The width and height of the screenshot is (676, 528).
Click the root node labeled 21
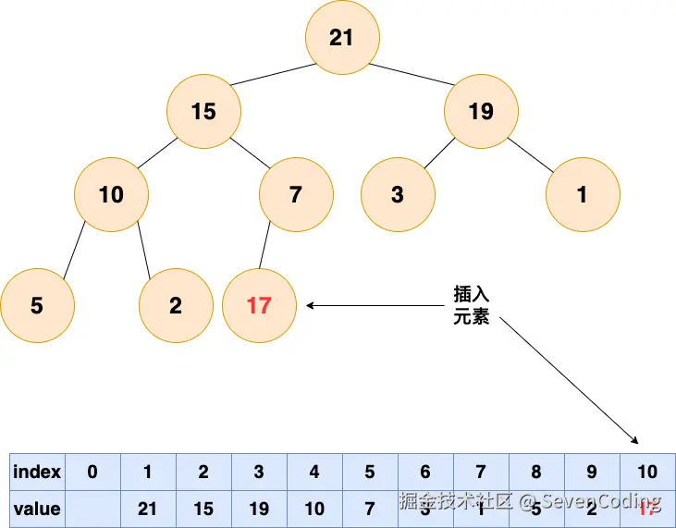click(x=341, y=37)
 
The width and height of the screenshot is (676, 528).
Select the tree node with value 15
click(x=203, y=112)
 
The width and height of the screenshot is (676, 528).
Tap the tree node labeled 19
click(x=481, y=112)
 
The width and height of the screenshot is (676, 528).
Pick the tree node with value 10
click(x=111, y=195)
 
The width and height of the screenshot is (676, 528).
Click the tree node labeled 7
click(x=296, y=195)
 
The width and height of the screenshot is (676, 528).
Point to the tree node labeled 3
click(x=398, y=195)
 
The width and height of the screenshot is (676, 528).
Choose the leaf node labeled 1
click(x=582, y=195)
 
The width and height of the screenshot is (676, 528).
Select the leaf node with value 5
click(x=37, y=305)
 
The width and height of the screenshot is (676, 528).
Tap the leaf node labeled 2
click(x=176, y=305)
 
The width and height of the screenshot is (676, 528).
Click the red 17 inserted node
click(x=259, y=305)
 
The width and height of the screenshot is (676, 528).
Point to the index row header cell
click(x=37, y=473)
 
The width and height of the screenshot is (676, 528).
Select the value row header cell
click(x=37, y=509)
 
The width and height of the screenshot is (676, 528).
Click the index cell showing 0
click(x=92, y=473)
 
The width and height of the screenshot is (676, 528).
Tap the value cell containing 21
click(x=148, y=509)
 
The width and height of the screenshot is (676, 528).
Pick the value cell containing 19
click(x=259, y=509)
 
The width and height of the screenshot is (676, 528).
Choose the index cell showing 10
click(x=647, y=473)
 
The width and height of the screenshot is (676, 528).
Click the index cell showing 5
click(x=370, y=473)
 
